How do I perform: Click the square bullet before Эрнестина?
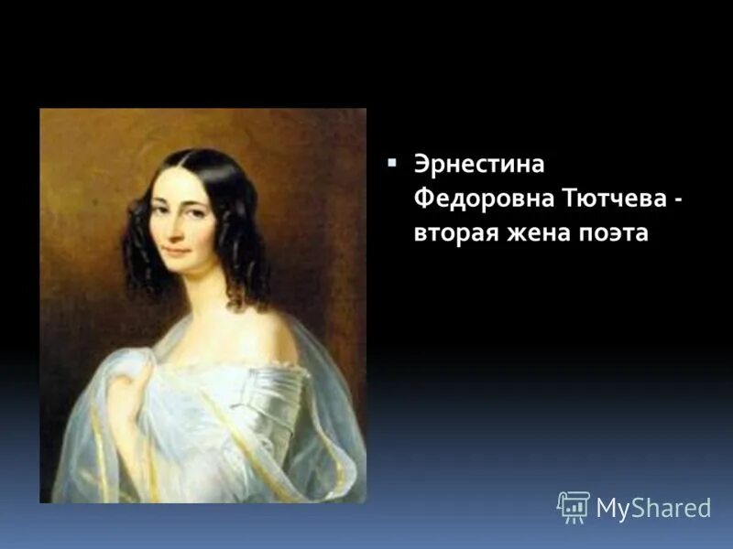(x=392, y=162)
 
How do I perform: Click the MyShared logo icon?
(x=574, y=506)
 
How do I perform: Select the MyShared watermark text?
(x=653, y=508)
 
